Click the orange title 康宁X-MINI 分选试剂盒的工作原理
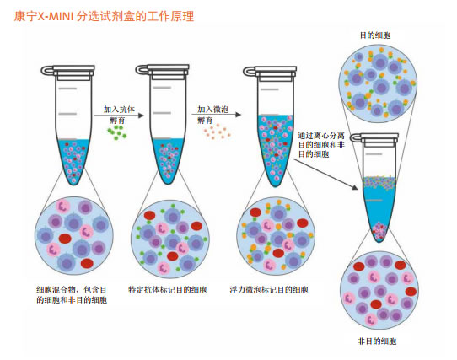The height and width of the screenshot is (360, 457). pos(104,16)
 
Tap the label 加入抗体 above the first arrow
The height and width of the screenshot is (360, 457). pos(119,110)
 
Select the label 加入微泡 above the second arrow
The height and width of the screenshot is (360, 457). pos(212,110)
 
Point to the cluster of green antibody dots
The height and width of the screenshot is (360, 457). pos(117,132)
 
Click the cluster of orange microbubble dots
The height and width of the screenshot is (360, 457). pos(218,132)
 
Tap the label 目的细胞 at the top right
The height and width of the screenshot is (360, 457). pos(375,35)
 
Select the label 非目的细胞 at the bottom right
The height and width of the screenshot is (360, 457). pos(377,341)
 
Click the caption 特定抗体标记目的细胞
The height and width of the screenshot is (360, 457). pos(168,290)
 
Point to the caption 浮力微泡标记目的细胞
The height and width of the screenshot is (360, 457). pos(269,290)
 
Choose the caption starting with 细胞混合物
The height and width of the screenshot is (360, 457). pos(72,295)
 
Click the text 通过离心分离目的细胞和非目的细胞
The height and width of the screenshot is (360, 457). pos(321,145)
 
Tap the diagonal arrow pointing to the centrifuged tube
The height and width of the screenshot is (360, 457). pos(325,174)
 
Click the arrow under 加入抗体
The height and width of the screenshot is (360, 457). pos(119,116)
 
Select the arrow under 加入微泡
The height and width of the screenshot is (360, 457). pos(216,115)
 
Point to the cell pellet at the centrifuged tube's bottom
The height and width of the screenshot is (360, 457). pos(379,232)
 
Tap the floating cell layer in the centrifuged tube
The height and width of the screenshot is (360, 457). pos(379,182)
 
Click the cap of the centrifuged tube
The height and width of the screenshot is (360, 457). pos(374,140)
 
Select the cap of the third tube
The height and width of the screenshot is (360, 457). pos(270,73)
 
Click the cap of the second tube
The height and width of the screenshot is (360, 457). pos(163,72)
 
